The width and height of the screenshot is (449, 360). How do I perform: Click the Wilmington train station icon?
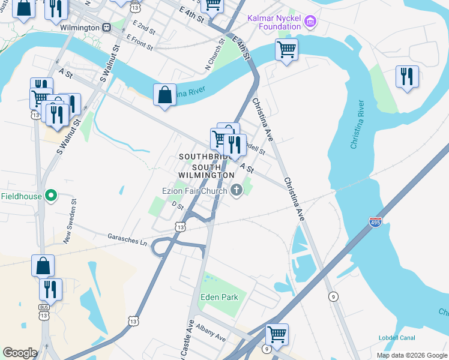coord(106,28)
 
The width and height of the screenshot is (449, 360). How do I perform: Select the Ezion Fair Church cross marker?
coord(237,191)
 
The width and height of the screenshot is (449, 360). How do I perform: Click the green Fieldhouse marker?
coord(52,196)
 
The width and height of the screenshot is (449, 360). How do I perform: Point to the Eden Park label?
coord(220,297)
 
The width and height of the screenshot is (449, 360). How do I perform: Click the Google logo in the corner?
coord(20,353)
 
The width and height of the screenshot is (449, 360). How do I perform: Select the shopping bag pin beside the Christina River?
coord(164,95)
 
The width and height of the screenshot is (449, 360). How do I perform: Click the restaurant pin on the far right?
coord(407,77)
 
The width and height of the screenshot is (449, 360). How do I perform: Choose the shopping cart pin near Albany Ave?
coord(277,334)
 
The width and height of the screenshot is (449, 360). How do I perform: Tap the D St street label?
coord(177,205)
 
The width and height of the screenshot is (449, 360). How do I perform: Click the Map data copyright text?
coord(411,355)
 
